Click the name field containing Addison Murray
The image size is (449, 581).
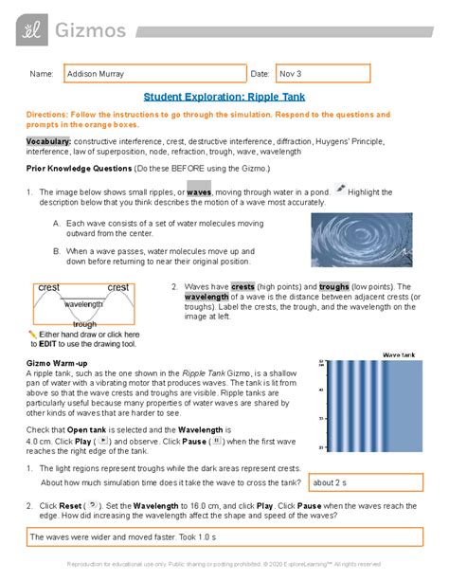tap(152, 73)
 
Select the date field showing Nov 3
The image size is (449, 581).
tap(322, 73)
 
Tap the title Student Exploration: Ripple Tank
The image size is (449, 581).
tap(224, 97)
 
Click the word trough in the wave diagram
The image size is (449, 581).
tap(84, 324)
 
